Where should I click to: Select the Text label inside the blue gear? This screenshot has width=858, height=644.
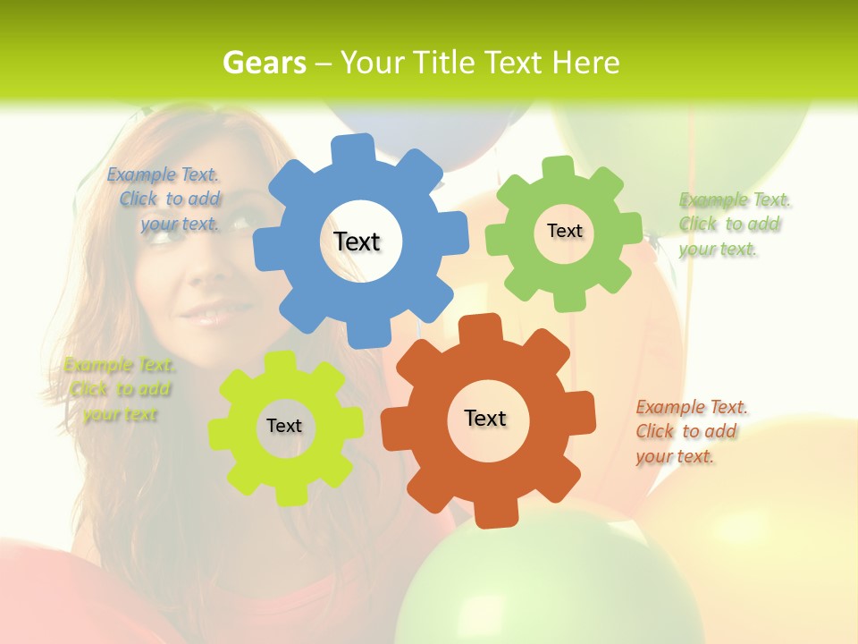[357, 241]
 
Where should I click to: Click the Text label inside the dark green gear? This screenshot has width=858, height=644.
[564, 231]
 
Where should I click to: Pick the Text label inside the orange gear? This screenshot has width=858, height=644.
[485, 418]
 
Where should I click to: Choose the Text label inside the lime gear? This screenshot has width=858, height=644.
[284, 426]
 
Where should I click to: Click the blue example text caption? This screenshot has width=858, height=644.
[164, 199]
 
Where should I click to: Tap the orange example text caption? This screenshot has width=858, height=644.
[690, 431]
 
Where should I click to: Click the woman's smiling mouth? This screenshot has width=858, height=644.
[206, 315]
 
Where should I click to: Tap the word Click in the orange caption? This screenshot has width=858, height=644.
[655, 431]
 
